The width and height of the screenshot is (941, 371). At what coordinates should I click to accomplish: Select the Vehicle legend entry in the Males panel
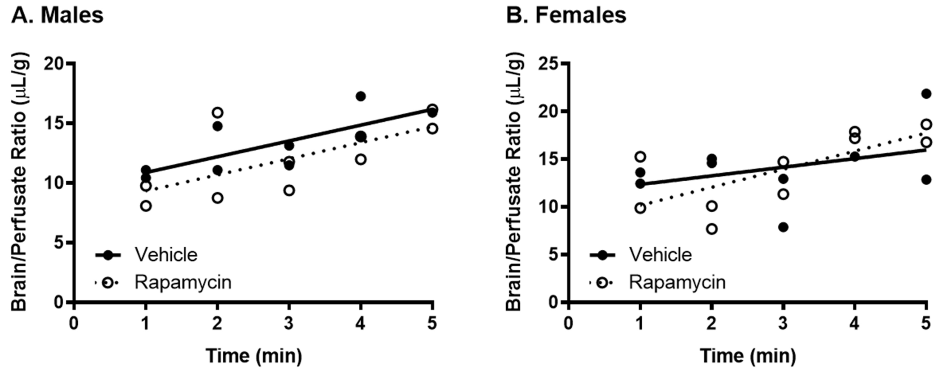166,254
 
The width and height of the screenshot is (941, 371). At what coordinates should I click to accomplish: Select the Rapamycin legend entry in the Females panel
677,282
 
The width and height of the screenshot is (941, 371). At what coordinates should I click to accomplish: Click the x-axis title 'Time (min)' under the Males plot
254,355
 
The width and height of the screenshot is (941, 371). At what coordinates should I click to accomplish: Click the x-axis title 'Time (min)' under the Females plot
748,355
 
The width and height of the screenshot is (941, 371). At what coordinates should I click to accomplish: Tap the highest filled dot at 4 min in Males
361,96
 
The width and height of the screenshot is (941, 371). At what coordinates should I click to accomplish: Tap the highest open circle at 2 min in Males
217,112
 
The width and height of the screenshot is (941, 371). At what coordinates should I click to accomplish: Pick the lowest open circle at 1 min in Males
146,206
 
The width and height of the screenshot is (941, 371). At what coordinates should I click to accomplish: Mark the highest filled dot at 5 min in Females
926,94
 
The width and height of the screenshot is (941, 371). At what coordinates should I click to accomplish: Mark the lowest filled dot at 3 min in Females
783,227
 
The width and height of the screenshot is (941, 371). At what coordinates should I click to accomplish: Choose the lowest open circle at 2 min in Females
712,229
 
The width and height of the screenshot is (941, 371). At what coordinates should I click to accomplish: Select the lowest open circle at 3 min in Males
289,190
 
